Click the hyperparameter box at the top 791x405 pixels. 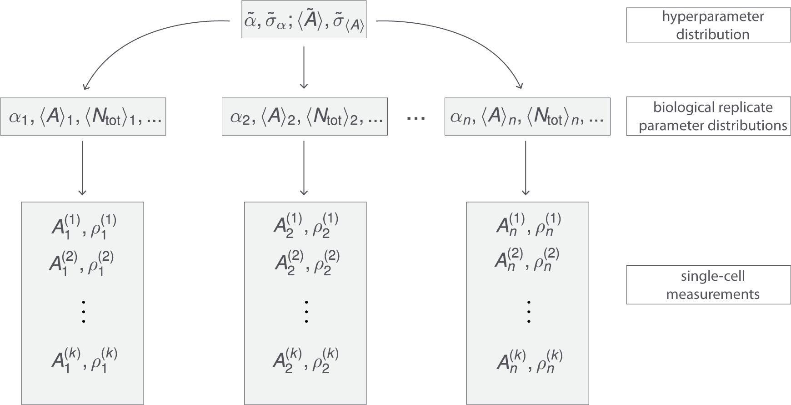[303, 22]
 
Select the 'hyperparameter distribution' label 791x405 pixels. [712, 25]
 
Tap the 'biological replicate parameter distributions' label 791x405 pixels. [712, 116]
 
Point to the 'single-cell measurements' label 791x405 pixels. [712, 285]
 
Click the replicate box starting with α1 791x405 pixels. [83, 117]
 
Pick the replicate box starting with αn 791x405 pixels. [527, 117]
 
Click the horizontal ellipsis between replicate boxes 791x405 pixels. [416, 118]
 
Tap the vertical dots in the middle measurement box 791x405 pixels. [306, 311]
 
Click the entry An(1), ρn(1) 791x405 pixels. [528, 226]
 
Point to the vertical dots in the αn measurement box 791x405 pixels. [529, 311]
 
